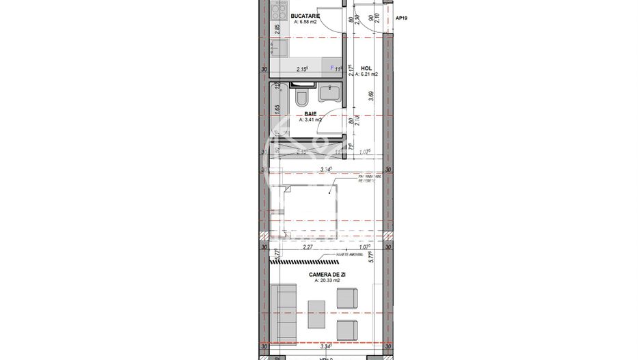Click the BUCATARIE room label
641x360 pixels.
305,15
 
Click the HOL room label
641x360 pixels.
366,68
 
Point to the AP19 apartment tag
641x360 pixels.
403,19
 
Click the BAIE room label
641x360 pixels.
310,113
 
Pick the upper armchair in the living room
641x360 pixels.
347,299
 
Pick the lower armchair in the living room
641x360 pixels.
347,327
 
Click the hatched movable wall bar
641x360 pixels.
303,260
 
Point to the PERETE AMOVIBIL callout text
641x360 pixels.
351,253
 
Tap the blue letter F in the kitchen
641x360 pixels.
332,68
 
